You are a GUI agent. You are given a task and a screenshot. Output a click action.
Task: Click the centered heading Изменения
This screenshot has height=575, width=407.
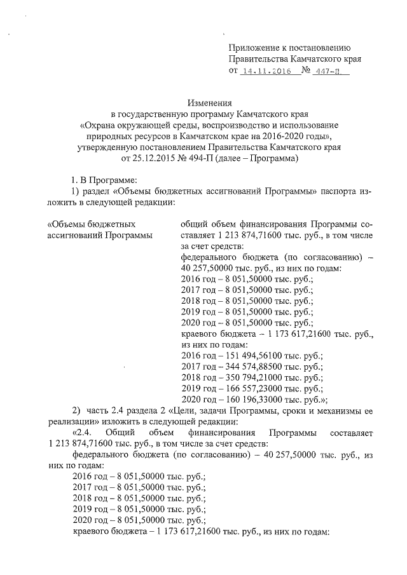click(x=209, y=102)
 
